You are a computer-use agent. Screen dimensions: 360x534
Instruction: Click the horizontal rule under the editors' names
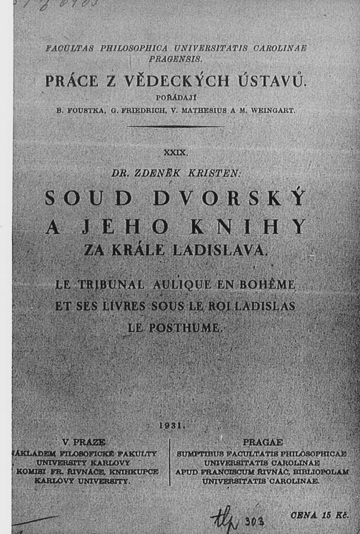click(x=175, y=126)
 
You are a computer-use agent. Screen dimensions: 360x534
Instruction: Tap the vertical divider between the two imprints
click(x=169, y=462)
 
